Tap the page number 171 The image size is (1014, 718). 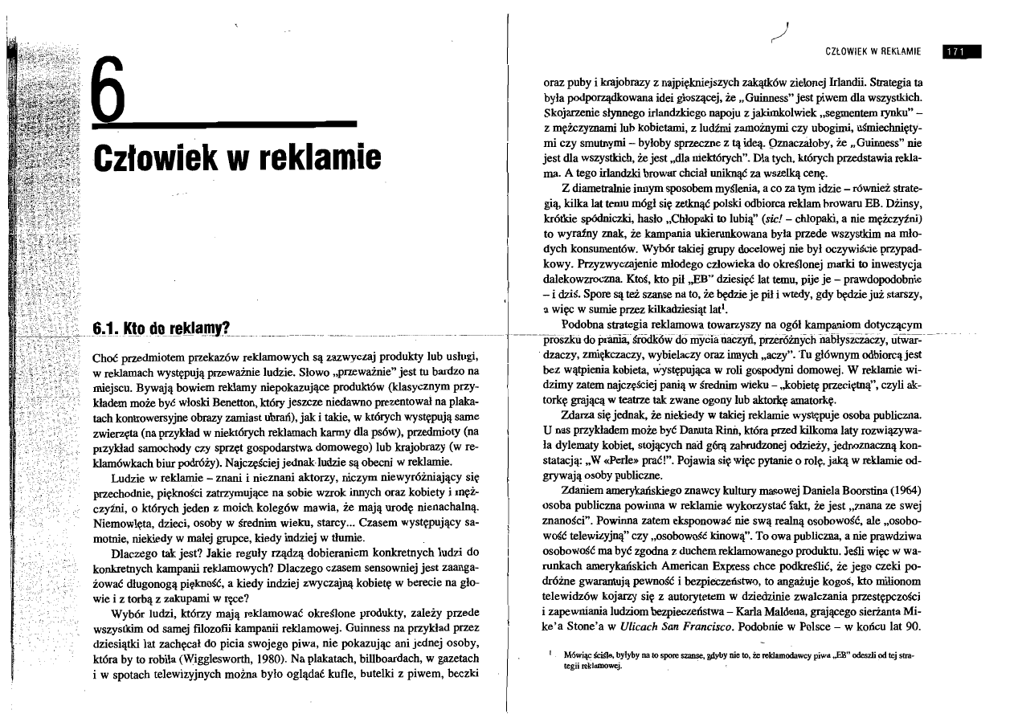click(x=954, y=52)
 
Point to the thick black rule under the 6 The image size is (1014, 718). click(x=224, y=124)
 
